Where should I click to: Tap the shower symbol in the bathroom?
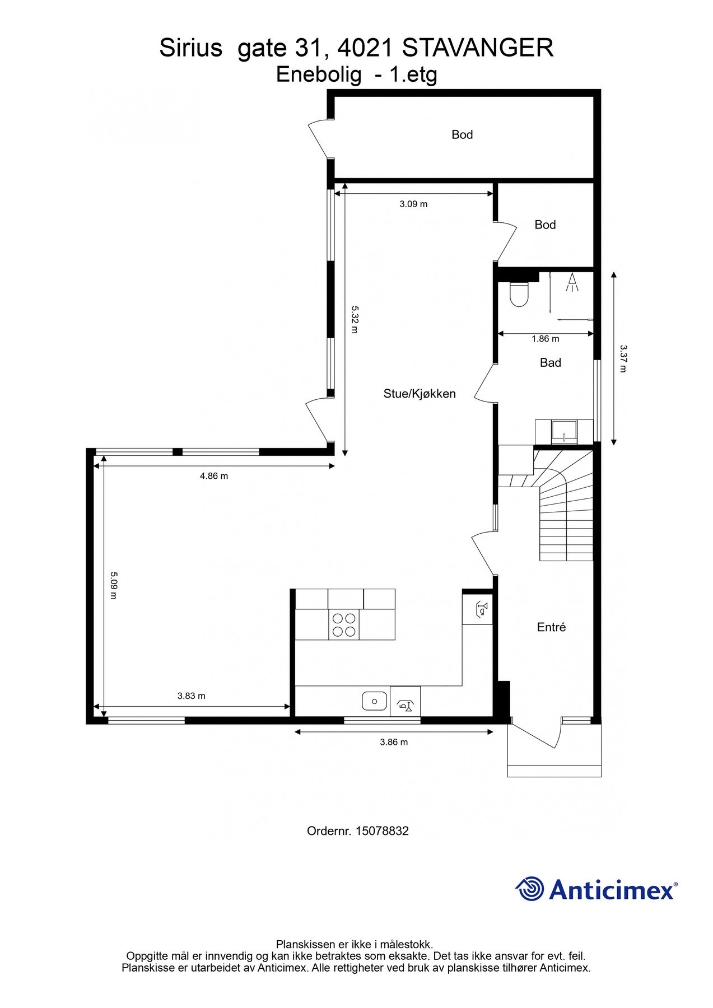[572, 282]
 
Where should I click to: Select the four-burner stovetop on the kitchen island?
[344, 624]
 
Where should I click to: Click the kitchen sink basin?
[374, 701]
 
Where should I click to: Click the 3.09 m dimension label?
[413, 204]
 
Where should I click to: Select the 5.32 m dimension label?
[354, 319]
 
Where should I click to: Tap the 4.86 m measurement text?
[214, 477]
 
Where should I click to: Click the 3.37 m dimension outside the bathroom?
[623, 358]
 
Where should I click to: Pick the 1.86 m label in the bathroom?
[545, 339]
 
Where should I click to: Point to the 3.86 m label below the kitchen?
[394, 743]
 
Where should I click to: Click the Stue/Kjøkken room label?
[420, 394]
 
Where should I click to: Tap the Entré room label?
[551, 628]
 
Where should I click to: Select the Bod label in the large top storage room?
[462, 134]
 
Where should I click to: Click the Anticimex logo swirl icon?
[530, 889]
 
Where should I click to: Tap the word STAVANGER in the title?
[478, 48]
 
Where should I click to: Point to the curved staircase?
[563, 504]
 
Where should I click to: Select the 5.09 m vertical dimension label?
[113, 585]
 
